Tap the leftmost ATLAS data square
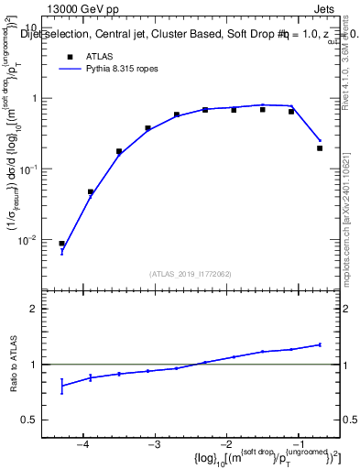click(x=62, y=244)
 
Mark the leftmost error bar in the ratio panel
click(x=62, y=387)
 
